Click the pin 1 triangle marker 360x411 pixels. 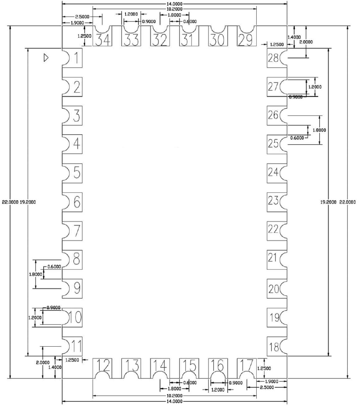click(46, 58)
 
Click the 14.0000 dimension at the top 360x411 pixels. click(174, 3)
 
